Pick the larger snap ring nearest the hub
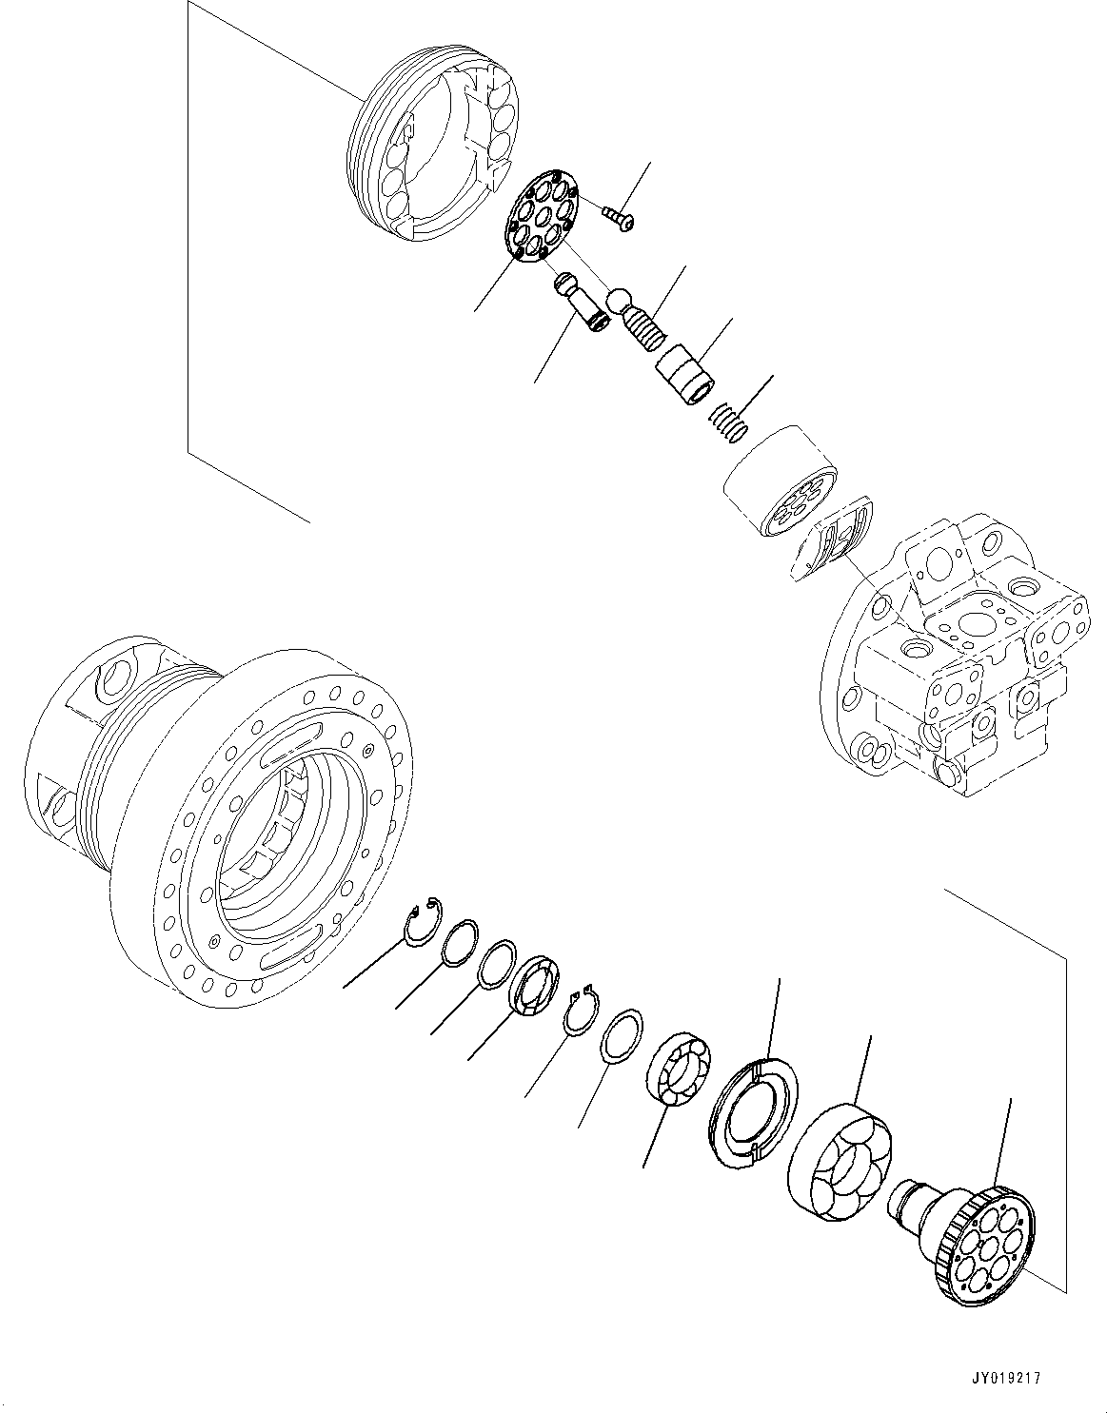point(421,921)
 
